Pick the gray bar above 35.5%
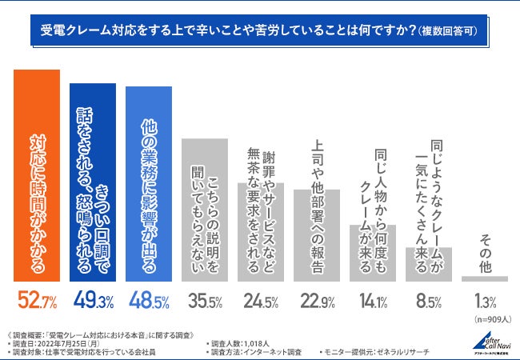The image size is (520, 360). (x=205, y=210)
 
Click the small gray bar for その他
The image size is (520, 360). (x=485, y=278)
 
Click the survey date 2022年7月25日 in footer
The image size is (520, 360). (x=71, y=342)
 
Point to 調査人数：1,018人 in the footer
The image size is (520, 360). (x=241, y=342)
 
